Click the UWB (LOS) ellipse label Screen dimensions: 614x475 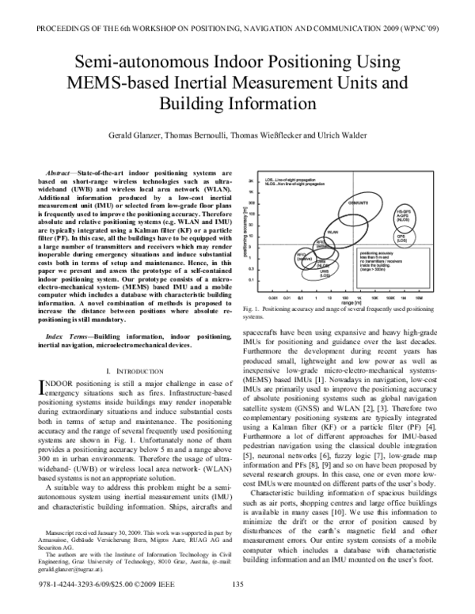pyautogui.click(x=325, y=273)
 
